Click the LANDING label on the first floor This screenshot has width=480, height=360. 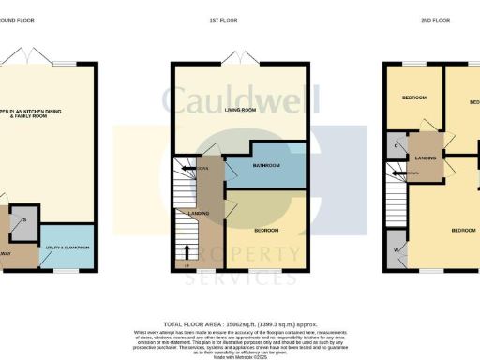pyautogui.click(x=198, y=214)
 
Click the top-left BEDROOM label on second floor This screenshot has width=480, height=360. pyautogui.click(x=413, y=97)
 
